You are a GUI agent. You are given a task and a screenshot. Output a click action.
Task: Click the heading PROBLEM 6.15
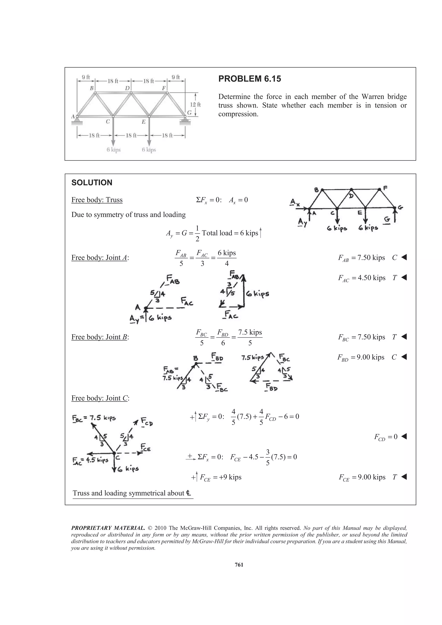249,79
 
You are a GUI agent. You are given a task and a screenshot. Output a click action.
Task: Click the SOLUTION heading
92,182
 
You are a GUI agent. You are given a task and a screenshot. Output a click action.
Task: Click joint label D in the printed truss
127,88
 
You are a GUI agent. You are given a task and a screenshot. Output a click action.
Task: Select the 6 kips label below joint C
113,150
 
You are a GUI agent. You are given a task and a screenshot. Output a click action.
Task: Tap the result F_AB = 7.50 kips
361,258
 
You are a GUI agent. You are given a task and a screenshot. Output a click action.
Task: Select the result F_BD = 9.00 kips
361,357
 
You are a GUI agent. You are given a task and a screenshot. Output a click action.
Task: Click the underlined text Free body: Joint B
100,337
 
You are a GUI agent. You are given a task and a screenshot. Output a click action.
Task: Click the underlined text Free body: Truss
97,200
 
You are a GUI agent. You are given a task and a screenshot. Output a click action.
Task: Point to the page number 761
239,565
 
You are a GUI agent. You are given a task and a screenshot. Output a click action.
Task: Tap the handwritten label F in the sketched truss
385,188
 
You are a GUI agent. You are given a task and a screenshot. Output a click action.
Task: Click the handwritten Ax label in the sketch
294,203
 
